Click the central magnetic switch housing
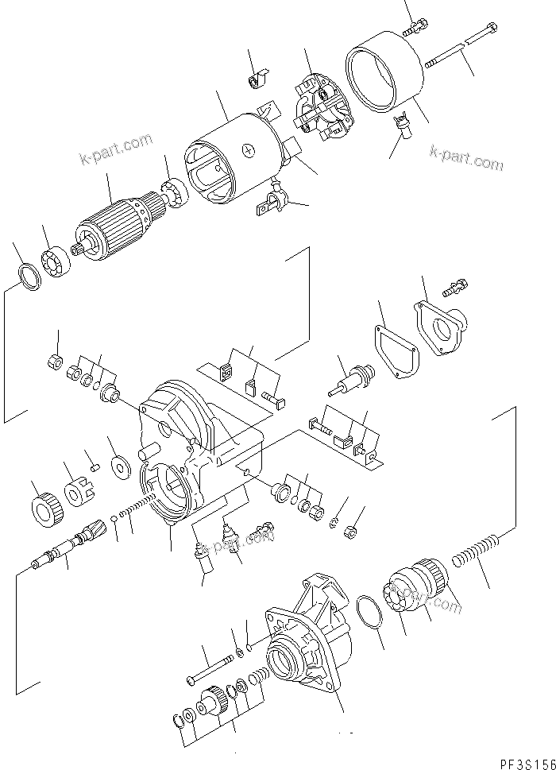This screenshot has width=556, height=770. pos(203,453)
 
